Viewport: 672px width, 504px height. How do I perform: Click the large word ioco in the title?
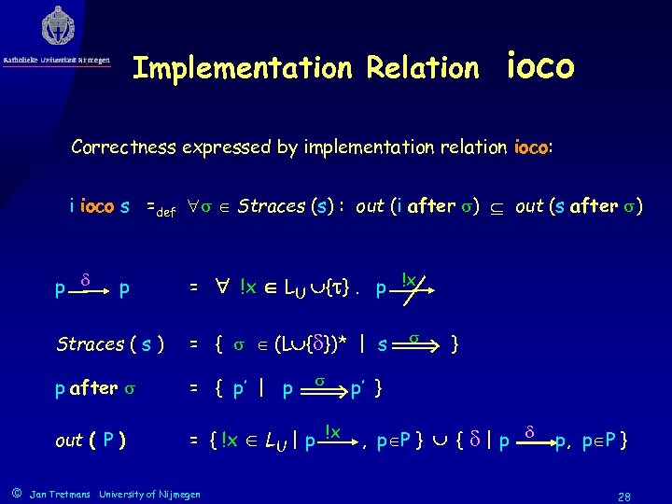540,66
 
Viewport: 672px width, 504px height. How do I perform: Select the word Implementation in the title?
240,68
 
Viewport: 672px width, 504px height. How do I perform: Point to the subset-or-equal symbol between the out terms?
501,207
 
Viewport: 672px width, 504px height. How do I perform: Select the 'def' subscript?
165,211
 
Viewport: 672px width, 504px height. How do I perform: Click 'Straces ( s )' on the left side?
110,343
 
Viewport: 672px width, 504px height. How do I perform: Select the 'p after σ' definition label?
96,387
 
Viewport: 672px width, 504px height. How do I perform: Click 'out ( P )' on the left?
91,440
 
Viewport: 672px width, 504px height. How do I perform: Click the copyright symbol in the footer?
15,491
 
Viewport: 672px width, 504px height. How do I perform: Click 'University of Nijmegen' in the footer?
148,492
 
